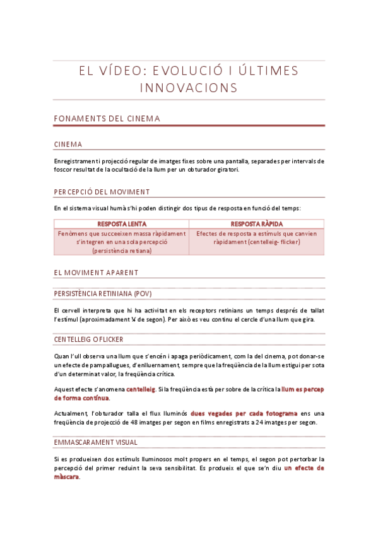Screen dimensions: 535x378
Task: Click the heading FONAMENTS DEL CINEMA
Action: pyautogui.click(x=107, y=119)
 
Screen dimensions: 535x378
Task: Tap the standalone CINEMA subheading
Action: pyautogui.click(x=68, y=144)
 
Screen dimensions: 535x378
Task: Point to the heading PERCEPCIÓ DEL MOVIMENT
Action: pyautogui.click(x=102, y=192)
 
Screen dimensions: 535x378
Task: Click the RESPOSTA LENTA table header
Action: pyautogui.click(x=122, y=224)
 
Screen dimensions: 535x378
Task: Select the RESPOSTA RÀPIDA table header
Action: pyautogui.click(x=256, y=224)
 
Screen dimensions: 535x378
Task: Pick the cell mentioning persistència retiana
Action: pyautogui.click(x=122, y=242)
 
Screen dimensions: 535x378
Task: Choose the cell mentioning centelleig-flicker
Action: pyautogui.click(x=256, y=237)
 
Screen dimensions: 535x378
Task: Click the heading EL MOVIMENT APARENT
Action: pyautogui.click(x=96, y=273)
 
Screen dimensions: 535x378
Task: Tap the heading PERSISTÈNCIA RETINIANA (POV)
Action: pyautogui.click(x=103, y=294)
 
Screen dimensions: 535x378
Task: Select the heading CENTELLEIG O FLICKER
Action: pyautogui.click(x=88, y=339)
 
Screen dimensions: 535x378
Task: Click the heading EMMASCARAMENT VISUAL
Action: pyautogui.click(x=96, y=442)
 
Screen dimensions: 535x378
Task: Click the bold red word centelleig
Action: pyautogui.click(x=141, y=390)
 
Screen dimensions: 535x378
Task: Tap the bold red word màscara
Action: pyautogui.click(x=66, y=477)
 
